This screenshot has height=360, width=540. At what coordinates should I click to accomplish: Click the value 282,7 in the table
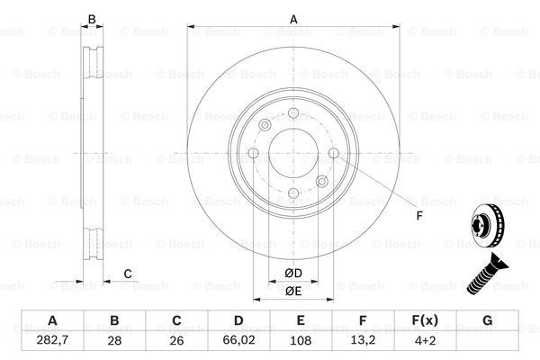pyautogui.click(x=52, y=340)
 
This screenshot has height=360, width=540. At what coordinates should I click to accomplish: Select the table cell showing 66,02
pyautogui.click(x=238, y=340)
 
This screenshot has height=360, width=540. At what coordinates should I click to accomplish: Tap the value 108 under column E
pyautogui.click(x=301, y=341)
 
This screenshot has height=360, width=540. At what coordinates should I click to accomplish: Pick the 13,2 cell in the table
pyautogui.click(x=363, y=340)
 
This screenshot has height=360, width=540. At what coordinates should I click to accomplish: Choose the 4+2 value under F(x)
pyautogui.click(x=425, y=341)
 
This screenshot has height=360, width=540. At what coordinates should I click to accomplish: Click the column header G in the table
pyautogui.click(x=487, y=320)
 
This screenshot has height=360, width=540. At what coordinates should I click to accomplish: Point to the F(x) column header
pyautogui.click(x=425, y=320)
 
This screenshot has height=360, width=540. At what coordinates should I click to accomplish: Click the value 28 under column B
pyautogui.click(x=114, y=341)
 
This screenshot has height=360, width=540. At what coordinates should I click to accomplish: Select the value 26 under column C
pyautogui.click(x=176, y=341)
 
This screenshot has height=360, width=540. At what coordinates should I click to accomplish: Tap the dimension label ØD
pyautogui.click(x=293, y=274)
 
